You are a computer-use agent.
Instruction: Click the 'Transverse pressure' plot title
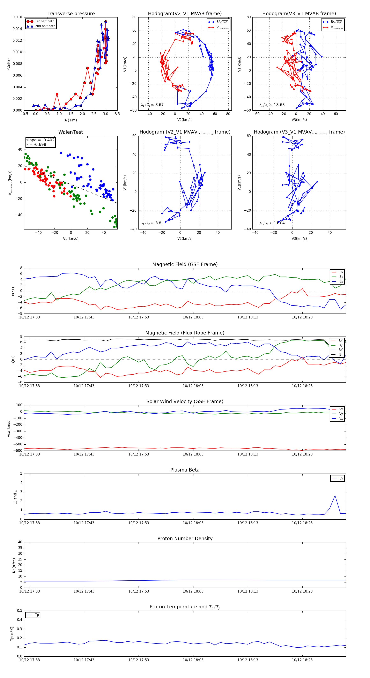pyautogui.click(x=71, y=14)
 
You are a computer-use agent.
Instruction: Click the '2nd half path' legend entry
pyautogui.click(x=45, y=26)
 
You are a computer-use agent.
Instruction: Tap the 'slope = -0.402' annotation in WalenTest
pyautogui.click(x=40, y=140)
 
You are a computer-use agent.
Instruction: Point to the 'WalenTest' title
pyautogui.click(x=71, y=132)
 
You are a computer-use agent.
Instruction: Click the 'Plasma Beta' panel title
pyautogui.click(x=185, y=470)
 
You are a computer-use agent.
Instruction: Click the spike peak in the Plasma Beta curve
pyautogui.click(x=335, y=496)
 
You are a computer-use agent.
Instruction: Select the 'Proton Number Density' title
pyautogui.click(x=185, y=538)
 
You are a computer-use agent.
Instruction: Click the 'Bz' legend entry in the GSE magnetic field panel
pyautogui.click(x=341, y=281)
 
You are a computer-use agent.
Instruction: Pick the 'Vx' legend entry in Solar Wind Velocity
pyautogui.click(x=341, y=409)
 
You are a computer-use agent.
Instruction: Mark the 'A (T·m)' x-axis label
pyautogui.click(x=71, y=120)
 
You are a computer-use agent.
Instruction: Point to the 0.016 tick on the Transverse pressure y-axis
pyautogui.click(x=17, y=17)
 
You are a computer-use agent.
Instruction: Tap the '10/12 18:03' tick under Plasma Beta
pyautogui.click(x=193, y=523)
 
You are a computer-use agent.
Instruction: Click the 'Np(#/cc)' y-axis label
pyautogui.click(x=14, y=565)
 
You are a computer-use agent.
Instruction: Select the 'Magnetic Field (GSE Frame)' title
pyautogui.click(x=185, y=264)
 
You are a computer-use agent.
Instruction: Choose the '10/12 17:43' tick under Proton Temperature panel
pyautogui.click(x=84, y=660)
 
